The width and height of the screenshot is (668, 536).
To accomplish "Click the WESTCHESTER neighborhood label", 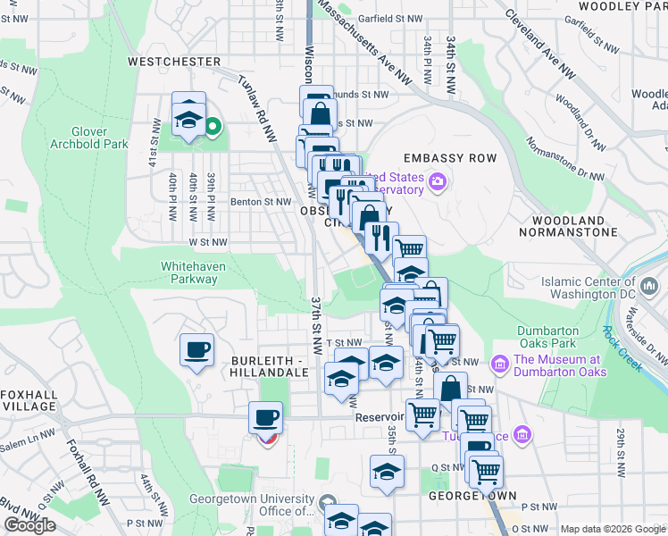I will [x=174, y=62].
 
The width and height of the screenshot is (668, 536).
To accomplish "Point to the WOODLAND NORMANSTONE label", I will [x=574, y=226].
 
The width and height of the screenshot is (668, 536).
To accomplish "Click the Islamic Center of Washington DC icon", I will [x=650, y=287].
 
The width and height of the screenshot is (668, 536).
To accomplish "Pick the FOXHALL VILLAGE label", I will [x=29, y=400].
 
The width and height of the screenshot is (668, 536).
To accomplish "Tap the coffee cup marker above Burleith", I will [x=196, y=349].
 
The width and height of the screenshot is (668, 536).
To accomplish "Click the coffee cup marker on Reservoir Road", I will [x=264, y=417].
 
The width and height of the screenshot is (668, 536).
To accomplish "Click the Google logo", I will [x=29, y=525].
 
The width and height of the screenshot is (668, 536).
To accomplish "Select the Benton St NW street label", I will [x=261, y=202].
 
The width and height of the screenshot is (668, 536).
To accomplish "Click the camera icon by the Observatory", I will [x=437, y=182].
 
